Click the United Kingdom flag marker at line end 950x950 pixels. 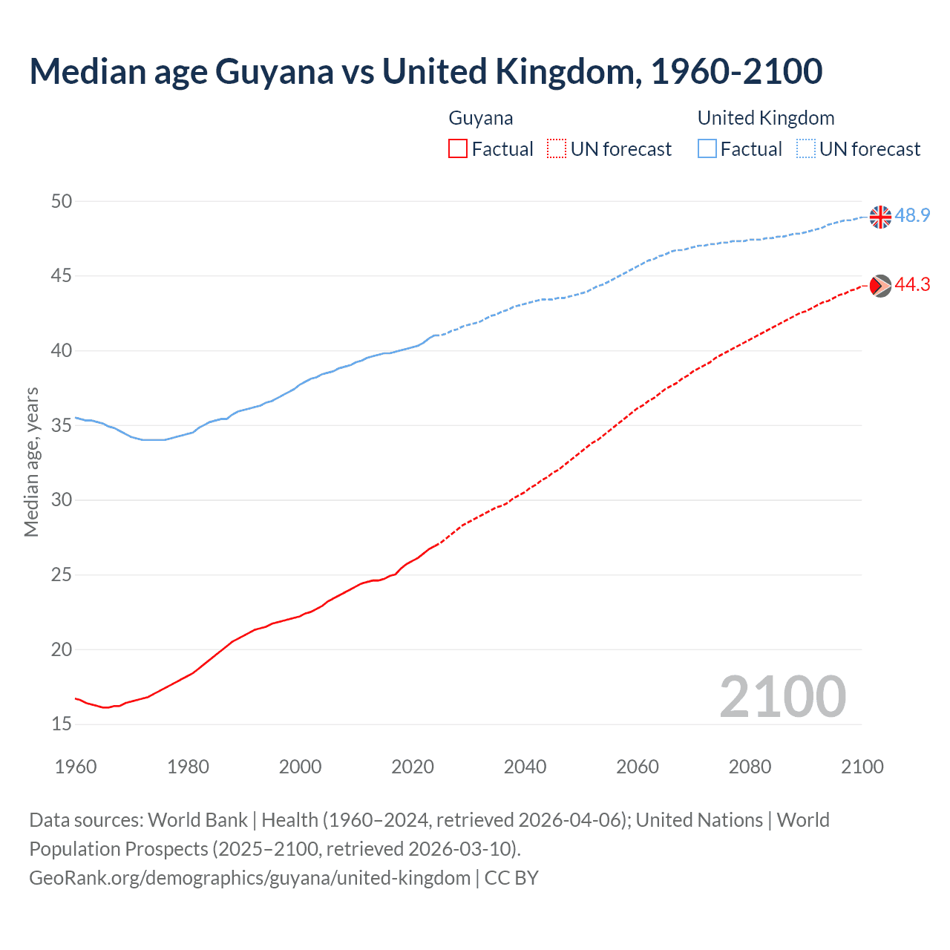click(880, 217)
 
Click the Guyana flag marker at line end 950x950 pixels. click(880, 285)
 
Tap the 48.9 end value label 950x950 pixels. click(912, 216)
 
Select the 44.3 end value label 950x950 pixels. click(912, 285)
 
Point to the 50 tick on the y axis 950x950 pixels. click(62, 201)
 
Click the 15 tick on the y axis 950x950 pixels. click(62, 724)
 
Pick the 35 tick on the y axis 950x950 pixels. click(62, 425)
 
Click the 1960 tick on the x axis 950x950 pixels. click(76, 767)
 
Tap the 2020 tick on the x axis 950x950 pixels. click(413, 767)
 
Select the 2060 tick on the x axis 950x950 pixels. click(638, 767)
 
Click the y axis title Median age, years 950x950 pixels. click(31, 462)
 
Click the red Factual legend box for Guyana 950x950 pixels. click(458, 149)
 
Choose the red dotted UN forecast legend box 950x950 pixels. click(557, 149)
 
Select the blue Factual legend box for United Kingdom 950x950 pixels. click(707, 149)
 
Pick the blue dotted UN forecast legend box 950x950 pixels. click(805, 149)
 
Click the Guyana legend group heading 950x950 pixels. click(481, 118)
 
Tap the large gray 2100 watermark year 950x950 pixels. click(782, 697)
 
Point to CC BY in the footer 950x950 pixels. click(511, 878)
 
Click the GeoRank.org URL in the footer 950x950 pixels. click(249, 878)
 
